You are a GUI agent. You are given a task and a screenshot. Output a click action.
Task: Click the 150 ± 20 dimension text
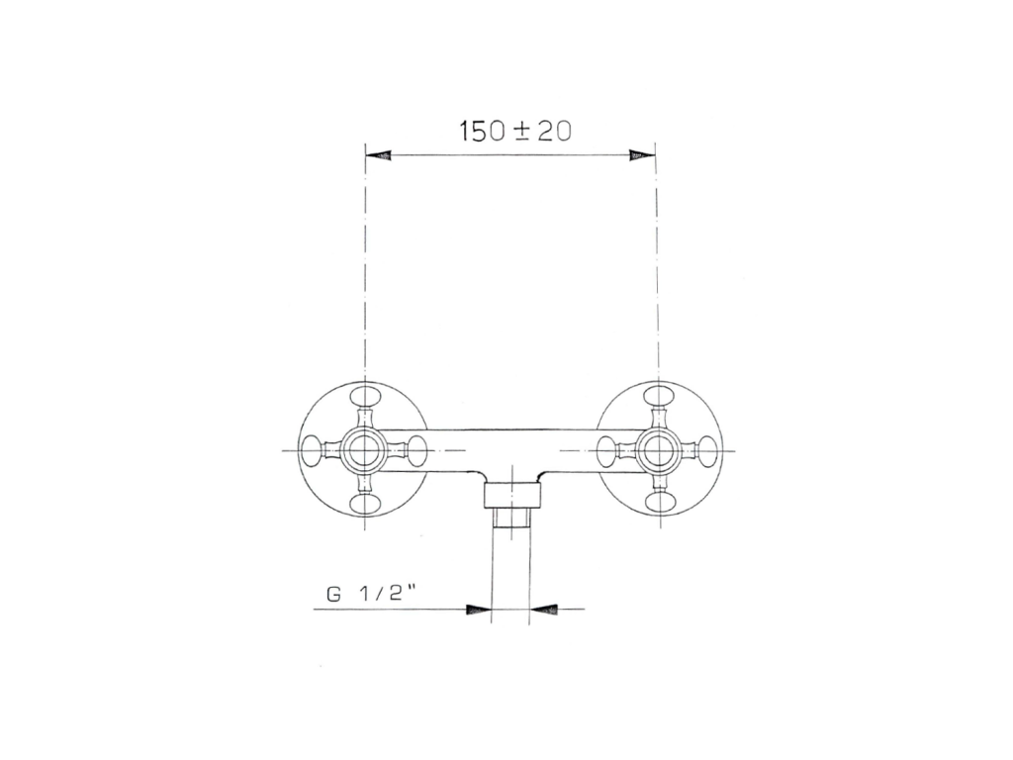tap(514, 132)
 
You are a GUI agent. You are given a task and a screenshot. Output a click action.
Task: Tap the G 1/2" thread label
tap(370, 595)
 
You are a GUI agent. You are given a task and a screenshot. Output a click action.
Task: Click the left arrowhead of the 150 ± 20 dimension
tap(378, 155)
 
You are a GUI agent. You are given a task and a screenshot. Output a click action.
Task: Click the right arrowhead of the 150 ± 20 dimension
tap(643, 155)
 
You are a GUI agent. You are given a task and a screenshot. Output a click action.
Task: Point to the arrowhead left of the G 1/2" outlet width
tap(479, 609)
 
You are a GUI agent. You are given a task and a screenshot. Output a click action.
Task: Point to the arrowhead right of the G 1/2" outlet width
tap(542, 609)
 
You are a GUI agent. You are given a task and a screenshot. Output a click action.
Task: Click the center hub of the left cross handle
tap(364, 449)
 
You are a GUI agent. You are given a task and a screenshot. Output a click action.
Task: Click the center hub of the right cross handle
tap(658, 449)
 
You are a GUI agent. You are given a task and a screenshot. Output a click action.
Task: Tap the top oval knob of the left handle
tap(364, 396)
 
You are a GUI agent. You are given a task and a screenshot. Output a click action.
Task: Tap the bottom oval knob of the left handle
tap(364, 503)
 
